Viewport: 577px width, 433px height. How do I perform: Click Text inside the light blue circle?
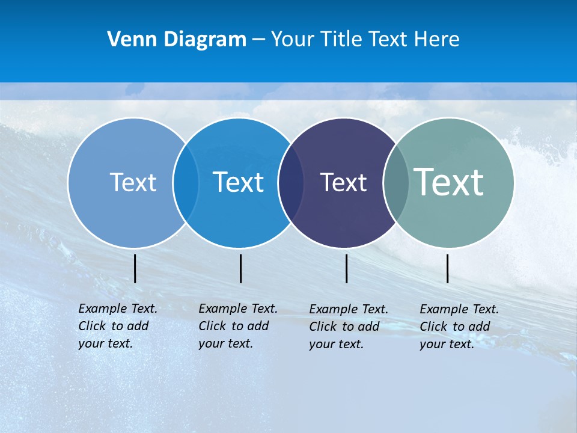(133, 182)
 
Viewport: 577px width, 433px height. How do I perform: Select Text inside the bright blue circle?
(239, 182)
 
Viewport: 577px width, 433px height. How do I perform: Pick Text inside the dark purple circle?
(343, 183)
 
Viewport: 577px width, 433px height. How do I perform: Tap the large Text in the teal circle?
(449, 182)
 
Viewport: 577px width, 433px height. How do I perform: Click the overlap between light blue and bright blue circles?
(186, 183)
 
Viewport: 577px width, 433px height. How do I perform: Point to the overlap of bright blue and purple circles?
(291, 183)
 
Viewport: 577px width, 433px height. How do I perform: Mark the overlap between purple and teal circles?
(396, 183)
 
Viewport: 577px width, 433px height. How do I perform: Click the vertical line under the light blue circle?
(135, 268)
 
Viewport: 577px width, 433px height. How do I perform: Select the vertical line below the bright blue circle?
(240, 268)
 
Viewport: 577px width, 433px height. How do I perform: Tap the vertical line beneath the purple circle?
(346, 268)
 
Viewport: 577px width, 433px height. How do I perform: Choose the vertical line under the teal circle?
(447, 268)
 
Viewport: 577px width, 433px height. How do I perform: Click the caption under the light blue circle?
(117, 326)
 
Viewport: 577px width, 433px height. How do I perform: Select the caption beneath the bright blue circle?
(237, 326)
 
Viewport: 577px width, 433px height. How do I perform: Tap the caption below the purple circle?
(348, 327)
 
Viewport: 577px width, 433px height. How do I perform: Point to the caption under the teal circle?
(459, 327)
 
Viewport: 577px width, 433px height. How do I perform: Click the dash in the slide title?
(258, 40)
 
